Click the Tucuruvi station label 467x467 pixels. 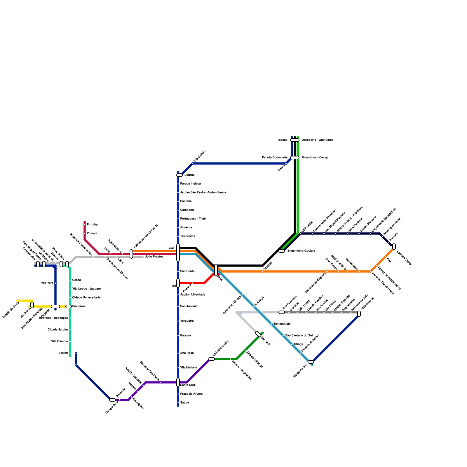189,175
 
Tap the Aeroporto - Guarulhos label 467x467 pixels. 318,140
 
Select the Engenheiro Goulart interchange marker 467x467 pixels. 282,251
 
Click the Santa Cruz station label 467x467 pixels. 188,385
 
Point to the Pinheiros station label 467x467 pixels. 79,306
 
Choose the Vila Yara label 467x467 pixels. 47,283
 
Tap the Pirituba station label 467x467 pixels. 92,225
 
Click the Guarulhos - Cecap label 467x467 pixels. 315,158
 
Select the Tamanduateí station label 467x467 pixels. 282,324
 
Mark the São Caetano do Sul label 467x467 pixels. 299,336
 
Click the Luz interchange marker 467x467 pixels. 178,252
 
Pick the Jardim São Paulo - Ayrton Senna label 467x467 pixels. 203,193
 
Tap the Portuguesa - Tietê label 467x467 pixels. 193,219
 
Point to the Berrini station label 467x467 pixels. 63,353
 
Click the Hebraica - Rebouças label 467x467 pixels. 53,318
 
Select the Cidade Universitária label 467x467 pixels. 86,298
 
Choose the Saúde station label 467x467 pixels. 185,403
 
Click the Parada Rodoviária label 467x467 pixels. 274,158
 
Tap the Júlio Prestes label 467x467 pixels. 154,257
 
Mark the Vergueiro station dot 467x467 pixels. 178,321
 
